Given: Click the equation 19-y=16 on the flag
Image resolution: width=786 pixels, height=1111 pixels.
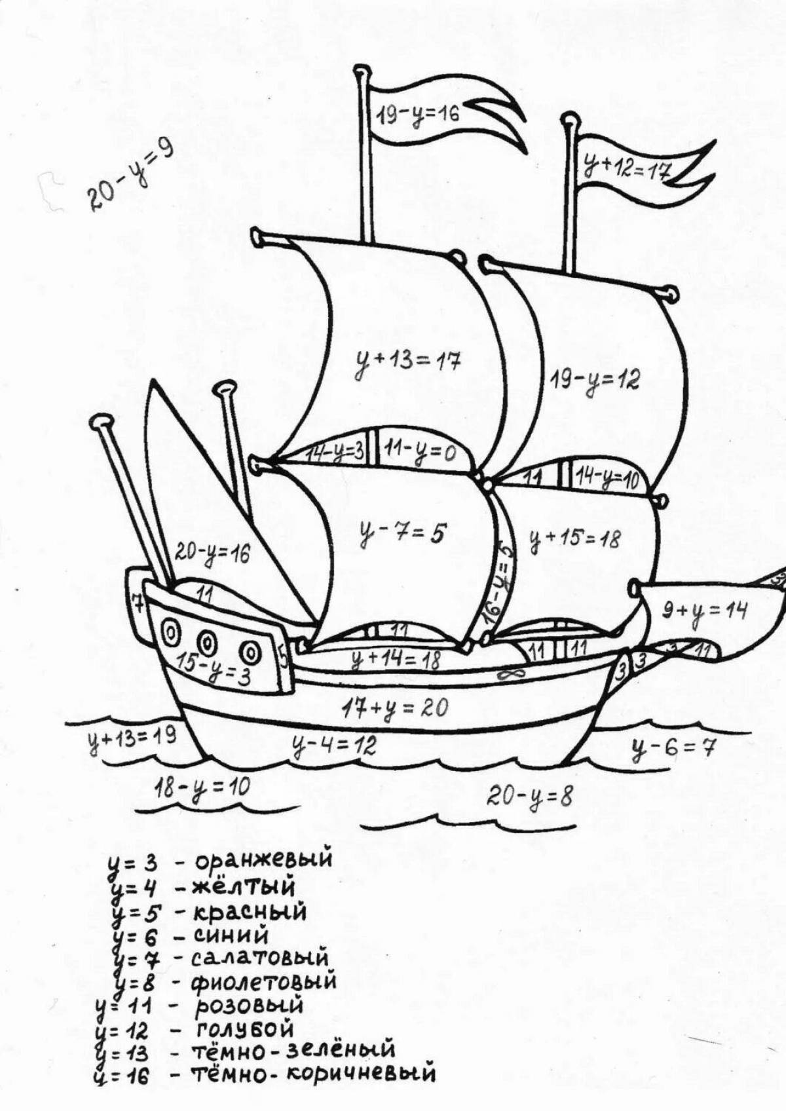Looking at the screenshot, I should tap(419, 113).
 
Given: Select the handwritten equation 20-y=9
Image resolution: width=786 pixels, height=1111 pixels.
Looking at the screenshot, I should tap(129, 176).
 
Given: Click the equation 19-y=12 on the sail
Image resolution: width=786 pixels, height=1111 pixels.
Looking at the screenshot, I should tap(594, 379).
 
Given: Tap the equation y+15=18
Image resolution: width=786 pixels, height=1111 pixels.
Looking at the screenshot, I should tap(574, 540).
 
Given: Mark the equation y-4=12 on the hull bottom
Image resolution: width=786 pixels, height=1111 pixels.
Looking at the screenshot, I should tap(334, 745).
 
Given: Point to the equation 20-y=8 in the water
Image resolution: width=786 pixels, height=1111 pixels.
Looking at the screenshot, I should tap(529, 797).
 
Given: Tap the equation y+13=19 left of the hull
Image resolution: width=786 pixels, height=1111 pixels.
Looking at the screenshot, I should tap(132, 738).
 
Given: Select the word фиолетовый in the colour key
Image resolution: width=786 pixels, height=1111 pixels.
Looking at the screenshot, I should tap(264, 982).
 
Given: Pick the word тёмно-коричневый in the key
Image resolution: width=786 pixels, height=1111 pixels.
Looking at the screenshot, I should tap(313, 1074).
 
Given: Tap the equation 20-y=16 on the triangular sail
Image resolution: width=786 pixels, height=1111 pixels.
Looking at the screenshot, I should tap(212, 554).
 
